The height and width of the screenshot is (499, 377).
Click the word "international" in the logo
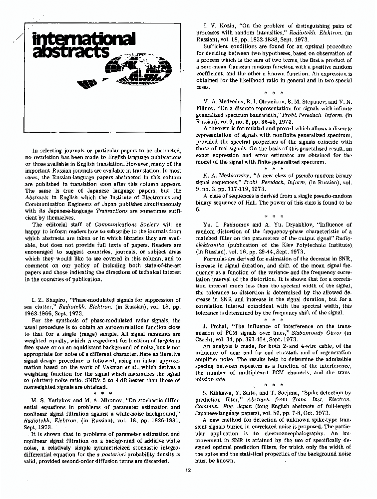[x=82, y=38]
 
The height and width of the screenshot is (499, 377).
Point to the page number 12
[x=188, y=470]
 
